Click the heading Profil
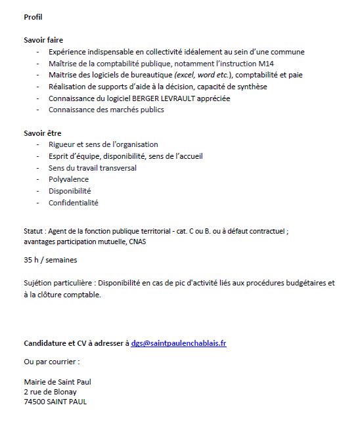33,16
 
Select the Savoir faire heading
44,40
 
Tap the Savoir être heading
43,133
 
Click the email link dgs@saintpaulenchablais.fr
179,343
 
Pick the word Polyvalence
68,179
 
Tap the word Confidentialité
73,203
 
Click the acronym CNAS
137,242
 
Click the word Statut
34,231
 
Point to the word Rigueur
62,144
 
